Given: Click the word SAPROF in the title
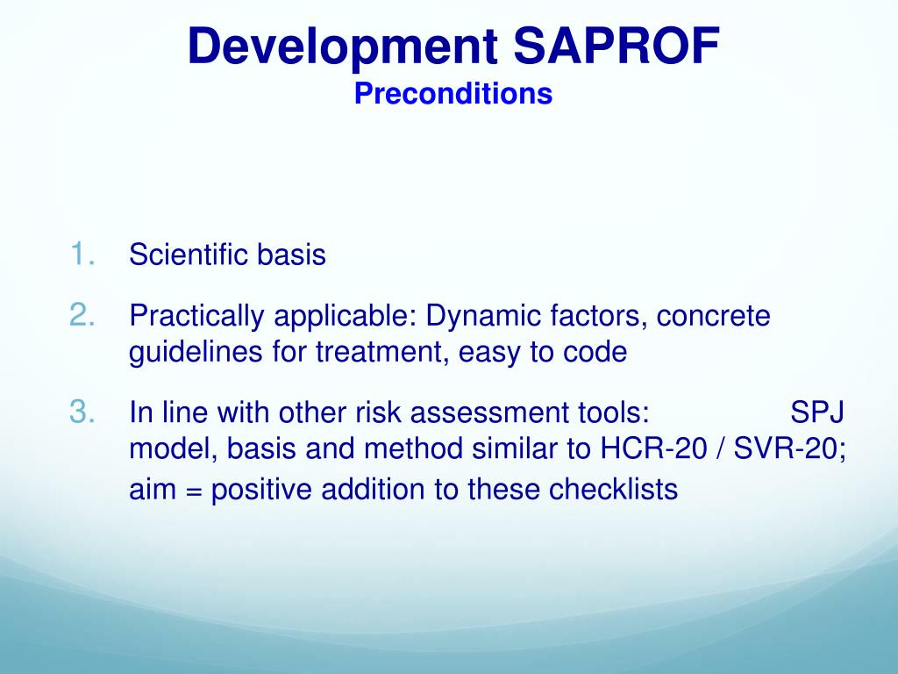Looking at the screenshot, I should coord(616,47).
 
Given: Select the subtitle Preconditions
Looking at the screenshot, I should coord(453,94).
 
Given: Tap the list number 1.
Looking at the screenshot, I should coord(83,255).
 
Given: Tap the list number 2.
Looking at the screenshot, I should coord(83,315).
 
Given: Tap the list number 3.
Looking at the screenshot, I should coord(83,411).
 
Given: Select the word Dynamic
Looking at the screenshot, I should coord(480,315).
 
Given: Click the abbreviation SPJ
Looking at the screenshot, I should coord(817,412).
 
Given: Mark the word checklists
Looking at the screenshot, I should coord(613,488).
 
